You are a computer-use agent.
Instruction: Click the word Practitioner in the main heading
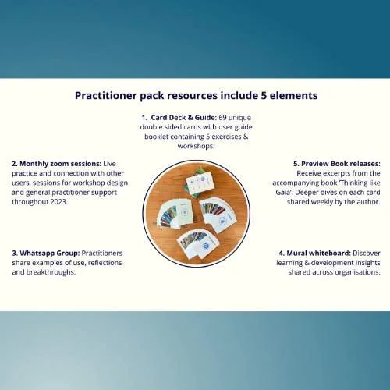(106, 96)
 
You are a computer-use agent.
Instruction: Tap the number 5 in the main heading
(263, 95)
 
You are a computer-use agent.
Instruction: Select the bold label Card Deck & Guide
(183, 118)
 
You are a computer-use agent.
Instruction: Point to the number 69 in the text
(222, 118)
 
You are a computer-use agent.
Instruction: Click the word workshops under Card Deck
(196, 146)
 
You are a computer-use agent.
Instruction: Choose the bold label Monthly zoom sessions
(60, 164)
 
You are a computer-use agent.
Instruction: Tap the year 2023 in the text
(59, 202)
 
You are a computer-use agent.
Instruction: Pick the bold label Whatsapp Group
(50, 253)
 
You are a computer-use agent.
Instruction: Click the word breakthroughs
(51, 272)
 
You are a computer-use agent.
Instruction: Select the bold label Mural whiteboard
(319, 253)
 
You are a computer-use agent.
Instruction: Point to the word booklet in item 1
(156, 136)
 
